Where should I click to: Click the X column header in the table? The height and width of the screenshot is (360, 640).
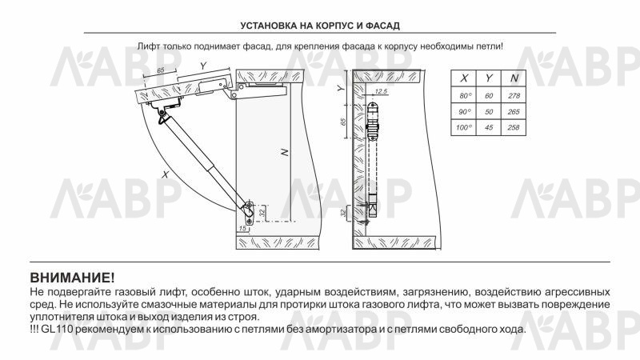pyautogui.click(x=463, y=78)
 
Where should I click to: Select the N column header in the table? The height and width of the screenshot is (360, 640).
pyautogui.click(x=514, y=78)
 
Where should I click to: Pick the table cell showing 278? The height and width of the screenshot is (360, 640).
pyautogui.click(x=514, y=96)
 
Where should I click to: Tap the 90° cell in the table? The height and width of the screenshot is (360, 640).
pyautogui.click(x=463, y=112)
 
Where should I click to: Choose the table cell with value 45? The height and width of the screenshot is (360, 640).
pyautogui.click(x=489, y=128)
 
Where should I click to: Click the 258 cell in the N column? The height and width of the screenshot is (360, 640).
pyautogui.click(x=514, y=128)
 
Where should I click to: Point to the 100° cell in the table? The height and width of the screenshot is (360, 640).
pyautogui.click(x=463, y=128)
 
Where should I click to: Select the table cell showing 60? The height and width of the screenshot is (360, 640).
pyautogui.click(x=489, y=96)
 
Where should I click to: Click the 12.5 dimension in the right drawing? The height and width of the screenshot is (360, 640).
pyautogui.click(x=380, y=93)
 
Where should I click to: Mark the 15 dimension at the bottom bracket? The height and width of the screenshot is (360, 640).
pyautogui.click(x=242, y=230)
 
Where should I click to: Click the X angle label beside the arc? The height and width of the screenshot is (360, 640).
pyautogui.click(x=165, y=173)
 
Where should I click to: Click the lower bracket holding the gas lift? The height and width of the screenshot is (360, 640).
pyautogui.click(x=249, y=210)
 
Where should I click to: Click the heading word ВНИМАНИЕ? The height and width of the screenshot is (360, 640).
pyautogui.click(x=72, y=278)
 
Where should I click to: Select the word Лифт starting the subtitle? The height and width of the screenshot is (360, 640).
pyautogui.click(x=147, y=47)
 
